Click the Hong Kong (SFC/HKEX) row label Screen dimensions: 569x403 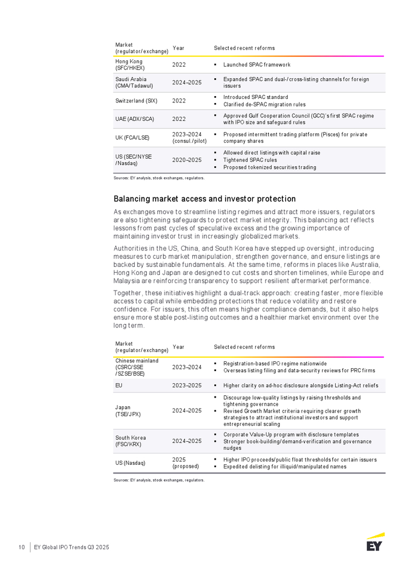(130, 64)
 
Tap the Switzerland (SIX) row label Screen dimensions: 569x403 (136, 101)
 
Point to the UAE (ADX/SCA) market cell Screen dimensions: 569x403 (134, 119)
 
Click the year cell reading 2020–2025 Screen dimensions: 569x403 (187, 160)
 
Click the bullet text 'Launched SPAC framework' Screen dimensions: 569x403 (257, 65)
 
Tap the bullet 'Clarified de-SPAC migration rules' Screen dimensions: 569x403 (265, 105)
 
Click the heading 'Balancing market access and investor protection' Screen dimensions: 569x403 (205, 199)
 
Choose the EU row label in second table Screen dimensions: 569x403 (119, 385)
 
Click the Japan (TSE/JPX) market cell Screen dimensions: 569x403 (128, 410)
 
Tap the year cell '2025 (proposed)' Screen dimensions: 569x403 (185, 463)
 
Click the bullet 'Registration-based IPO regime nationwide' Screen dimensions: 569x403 (275, 364)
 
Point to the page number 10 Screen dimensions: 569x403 (21, 547)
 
